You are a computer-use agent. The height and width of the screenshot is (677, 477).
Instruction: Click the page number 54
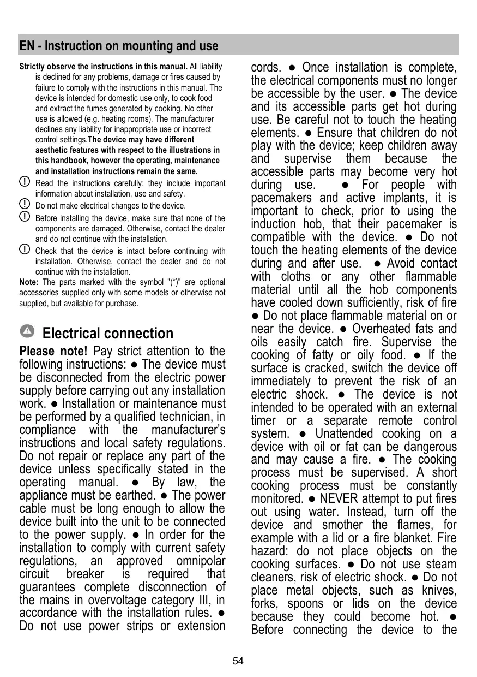click(x=238, y=661)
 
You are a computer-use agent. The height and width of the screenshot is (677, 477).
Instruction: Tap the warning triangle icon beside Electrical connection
click(x=28, y=331)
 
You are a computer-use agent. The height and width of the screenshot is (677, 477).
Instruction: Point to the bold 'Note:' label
click(x=28, y=282)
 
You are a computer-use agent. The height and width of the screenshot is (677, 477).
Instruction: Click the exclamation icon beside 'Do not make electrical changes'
click(x=25, y=204)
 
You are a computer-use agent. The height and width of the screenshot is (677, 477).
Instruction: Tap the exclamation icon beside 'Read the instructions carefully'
click(x=25, y=181)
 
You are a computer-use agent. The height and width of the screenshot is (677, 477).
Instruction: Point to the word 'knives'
click(x=438, y=590)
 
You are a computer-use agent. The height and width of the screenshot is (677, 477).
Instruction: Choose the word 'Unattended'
click(x=349, y=433)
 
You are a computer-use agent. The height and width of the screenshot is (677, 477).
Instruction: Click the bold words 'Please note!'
click(x=53, y=351)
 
